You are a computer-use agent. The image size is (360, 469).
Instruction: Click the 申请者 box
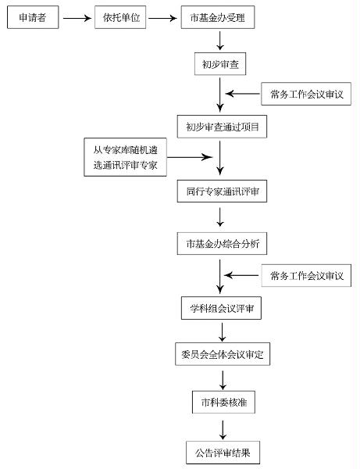pos(33,18)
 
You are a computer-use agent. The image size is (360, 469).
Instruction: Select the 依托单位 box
pos(121,18)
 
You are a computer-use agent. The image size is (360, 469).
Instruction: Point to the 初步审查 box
pos(222,64)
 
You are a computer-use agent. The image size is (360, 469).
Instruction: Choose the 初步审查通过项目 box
pos(222,126)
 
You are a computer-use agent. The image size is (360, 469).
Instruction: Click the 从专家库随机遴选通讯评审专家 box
pos(125,157)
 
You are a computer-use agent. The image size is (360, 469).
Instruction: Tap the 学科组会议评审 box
pos(222,309)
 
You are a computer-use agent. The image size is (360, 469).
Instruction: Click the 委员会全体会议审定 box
pos(222,355)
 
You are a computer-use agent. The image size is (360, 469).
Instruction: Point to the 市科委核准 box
pos(222,403)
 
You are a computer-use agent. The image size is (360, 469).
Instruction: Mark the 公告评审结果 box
pos(222,452)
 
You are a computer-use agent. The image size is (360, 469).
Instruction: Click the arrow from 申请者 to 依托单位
pos(77,18)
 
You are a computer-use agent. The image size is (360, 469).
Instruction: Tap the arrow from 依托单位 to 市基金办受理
pos(163,18)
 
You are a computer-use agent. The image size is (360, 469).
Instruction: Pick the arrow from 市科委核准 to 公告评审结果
pos(222,428)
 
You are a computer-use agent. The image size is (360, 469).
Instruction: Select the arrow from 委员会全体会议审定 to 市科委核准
pos(222,379)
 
